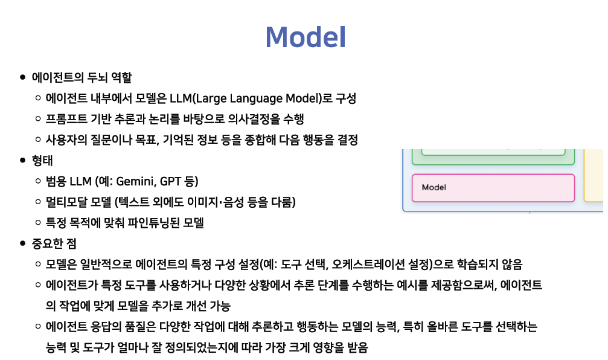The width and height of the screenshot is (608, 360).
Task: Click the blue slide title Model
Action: (x=306, y=37)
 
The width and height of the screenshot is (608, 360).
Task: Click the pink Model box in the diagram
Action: (x=493, y=188)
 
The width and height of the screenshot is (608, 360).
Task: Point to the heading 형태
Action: (x=42, y=161)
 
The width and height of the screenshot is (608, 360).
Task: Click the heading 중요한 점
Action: (x=54, y=243)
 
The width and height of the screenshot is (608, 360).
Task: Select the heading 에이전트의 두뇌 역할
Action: (x=82, y=77)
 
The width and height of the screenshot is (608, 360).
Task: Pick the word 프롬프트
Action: (x=66, y=119)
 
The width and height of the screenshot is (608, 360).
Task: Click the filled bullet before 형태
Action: (x=22, y=160)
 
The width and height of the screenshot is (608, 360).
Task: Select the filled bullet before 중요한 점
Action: (x=22, y=243)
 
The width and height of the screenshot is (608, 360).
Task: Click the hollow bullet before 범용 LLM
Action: (x=38, y=181)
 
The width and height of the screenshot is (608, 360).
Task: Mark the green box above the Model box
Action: (x=493, y=157)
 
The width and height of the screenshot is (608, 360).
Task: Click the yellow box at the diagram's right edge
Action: (x=594, y=175)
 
